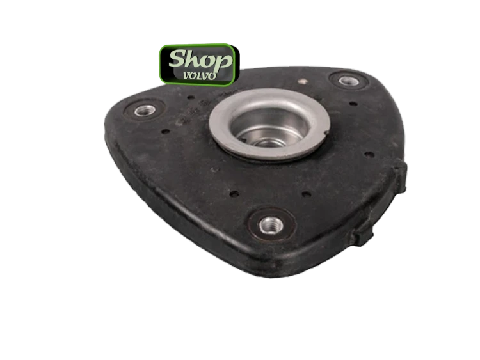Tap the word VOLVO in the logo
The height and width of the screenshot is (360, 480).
[x=199, y=75]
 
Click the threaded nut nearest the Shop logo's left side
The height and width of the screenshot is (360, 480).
[x=145, y=111]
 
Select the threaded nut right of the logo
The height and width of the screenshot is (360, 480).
[x=348, y=81]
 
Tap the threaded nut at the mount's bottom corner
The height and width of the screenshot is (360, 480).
[x=271, y=225]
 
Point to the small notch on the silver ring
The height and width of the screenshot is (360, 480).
[x=326, y=133]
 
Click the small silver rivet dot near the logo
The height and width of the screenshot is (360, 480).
[x=303, y=81]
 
